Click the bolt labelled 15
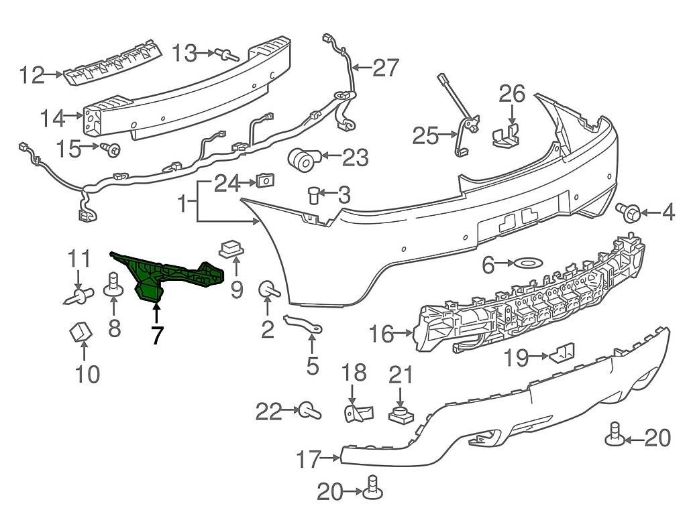[111, 149]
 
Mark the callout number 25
[425, 137]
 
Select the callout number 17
[311, 460]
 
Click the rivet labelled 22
[309, 409]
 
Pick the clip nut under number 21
[400, 413]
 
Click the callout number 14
[52, 119]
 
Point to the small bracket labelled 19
[562, 353]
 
